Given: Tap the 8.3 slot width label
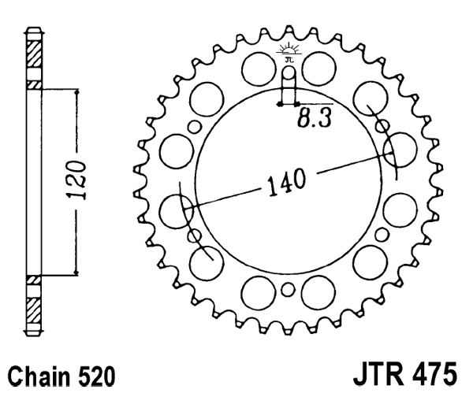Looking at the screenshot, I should click(315, 120).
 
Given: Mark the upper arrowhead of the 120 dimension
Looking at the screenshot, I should click(76, 94).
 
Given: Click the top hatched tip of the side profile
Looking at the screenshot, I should click(33, 54).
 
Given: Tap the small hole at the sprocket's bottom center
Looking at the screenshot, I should click(288, 292).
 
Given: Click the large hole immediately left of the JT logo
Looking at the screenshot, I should click(257, 68).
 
